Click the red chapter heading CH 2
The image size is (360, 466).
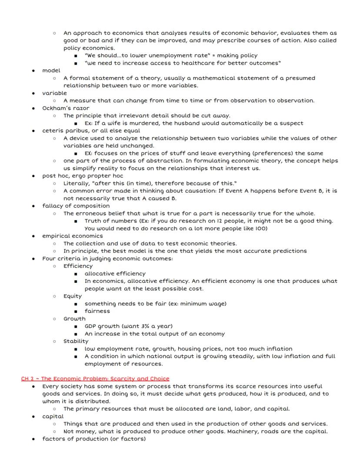click(x=95, y=379)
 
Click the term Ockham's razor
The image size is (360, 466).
click(x=66, y=108)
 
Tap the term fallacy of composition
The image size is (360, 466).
click(x=76, y=206)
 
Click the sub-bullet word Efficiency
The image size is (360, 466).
click(x=78, y=266)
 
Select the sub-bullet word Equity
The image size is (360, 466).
click(x=73, y=296)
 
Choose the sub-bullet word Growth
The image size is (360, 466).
click(x=74, y=318)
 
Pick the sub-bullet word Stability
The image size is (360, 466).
click(x=76, y=341)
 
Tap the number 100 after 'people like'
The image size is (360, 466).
click(x=260, y=228)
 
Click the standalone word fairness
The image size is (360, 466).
click(x=97, y=311)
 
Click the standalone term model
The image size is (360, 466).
click(x=51, y=70)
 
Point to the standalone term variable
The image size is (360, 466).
click(x=54, y=93)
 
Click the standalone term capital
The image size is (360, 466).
click(x=53, y=416)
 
